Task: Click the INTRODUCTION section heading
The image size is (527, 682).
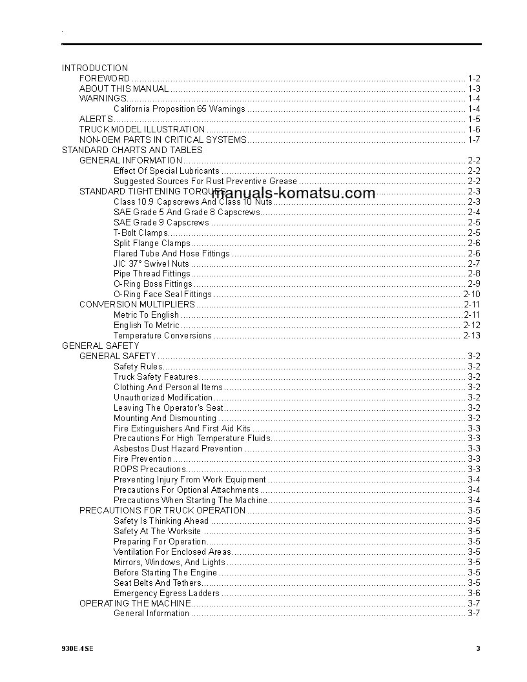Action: (95, 68)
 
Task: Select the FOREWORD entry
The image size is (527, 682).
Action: (105, 78)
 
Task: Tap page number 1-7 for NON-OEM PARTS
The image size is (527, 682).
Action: (474, 140)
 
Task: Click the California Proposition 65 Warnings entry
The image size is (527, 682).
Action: (180, 109)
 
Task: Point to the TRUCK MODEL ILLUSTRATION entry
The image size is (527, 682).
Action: (142, 130)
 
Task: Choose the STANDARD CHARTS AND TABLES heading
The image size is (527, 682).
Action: (132, 150)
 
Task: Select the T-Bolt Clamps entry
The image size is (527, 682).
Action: (141, 233)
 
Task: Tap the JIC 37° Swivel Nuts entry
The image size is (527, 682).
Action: (151, 264)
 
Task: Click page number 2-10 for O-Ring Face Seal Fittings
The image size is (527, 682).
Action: (471, 294)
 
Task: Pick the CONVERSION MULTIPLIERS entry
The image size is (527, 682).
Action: (137, 304)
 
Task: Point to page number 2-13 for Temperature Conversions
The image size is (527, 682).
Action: (471, 336)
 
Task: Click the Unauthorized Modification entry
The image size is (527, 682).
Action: (163, 398)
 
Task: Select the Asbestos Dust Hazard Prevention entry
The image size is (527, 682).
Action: (178, 449)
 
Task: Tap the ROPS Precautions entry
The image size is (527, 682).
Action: (150, 470)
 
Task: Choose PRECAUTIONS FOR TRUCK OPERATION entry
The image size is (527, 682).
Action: (162, 510)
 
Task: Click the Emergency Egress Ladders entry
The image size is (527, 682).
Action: (166, 594)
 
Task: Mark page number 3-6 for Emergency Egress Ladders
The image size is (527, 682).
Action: (474, 594)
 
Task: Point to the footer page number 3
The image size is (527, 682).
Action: (478, 649)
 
